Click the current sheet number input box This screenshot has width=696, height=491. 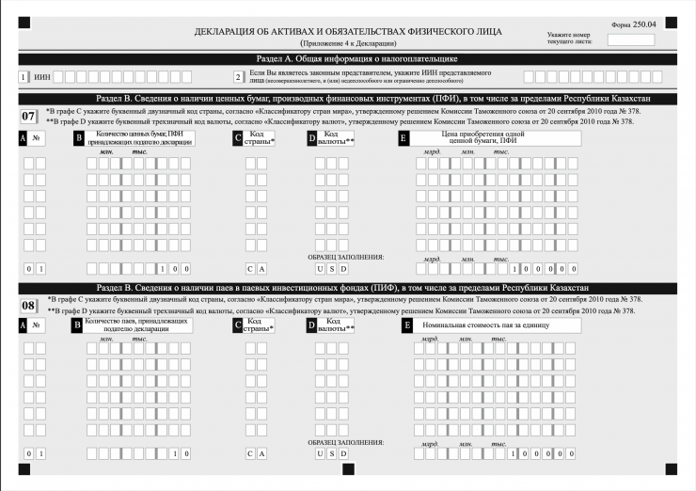[631, 40]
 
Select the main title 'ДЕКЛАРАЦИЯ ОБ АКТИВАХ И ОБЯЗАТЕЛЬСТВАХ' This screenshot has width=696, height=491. [348, 31]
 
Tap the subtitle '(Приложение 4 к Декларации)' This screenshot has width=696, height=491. [348, 43]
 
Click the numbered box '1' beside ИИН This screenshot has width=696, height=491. [23, 77]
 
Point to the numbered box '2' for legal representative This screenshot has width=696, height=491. [239, 77]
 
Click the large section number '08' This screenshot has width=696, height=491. [28, 305]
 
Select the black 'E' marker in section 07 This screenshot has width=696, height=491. [403, 138]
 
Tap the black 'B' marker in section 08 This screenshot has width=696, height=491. [77, 325]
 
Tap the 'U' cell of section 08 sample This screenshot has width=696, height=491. [320, 453]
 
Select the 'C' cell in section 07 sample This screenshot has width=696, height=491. [250, 269]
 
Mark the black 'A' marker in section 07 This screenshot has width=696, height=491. [23, 138]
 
